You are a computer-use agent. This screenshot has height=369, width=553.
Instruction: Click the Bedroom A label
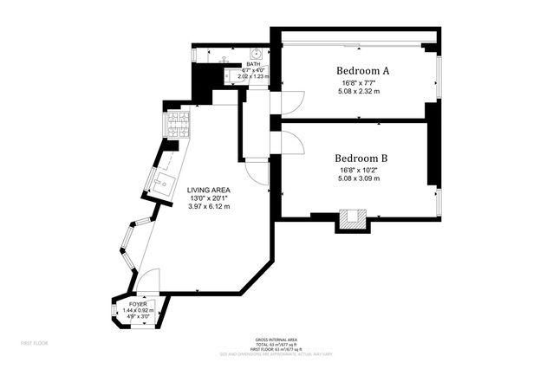pyautogui.click(x=361, y=70)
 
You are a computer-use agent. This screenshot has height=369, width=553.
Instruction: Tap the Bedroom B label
pyautogui.click(x=361, y=158)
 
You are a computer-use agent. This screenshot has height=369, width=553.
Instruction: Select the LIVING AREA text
pyautogui.click(x=209, y=189)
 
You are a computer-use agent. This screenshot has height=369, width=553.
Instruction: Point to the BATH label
pyautogui.click(x=253, y=63)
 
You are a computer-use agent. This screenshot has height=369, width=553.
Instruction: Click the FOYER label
pyautogui.click(x=138, y=304)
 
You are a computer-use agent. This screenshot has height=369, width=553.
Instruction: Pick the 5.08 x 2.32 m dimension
pyautogui.click(x=361, y=92)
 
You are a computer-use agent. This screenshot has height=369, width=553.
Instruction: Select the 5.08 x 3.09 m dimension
pyautogui.click(x=361, y=179)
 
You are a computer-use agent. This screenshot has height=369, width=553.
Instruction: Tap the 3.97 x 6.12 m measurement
pyautogui.click(x=209, y=207)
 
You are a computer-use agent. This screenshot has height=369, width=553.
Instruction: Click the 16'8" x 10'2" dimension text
pyautogui.click(x=361, y=171)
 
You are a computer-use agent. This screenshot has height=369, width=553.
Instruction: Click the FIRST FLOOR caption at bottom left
pyautogui.click(x=35, y=343)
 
